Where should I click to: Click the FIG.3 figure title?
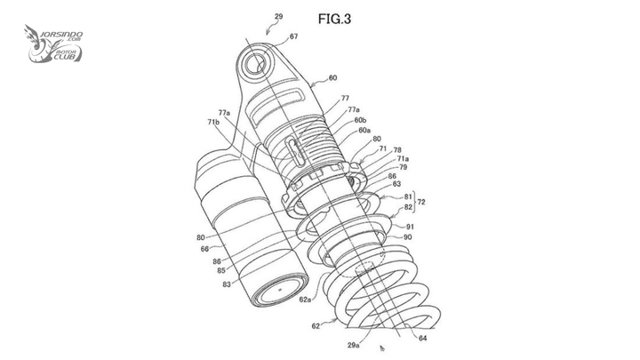(x=334, y=19)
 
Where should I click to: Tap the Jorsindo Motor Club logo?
(x=53, y=44)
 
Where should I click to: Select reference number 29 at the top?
(x=278, y=17)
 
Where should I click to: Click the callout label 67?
(x=294, y=36)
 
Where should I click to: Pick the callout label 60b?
(x=360, y=120)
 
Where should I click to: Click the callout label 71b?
(x=213, y=122)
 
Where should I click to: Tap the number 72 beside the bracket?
(x=420, y=202)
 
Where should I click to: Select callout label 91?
(x=410, y=227)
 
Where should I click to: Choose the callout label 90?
(x=407, y=237)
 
